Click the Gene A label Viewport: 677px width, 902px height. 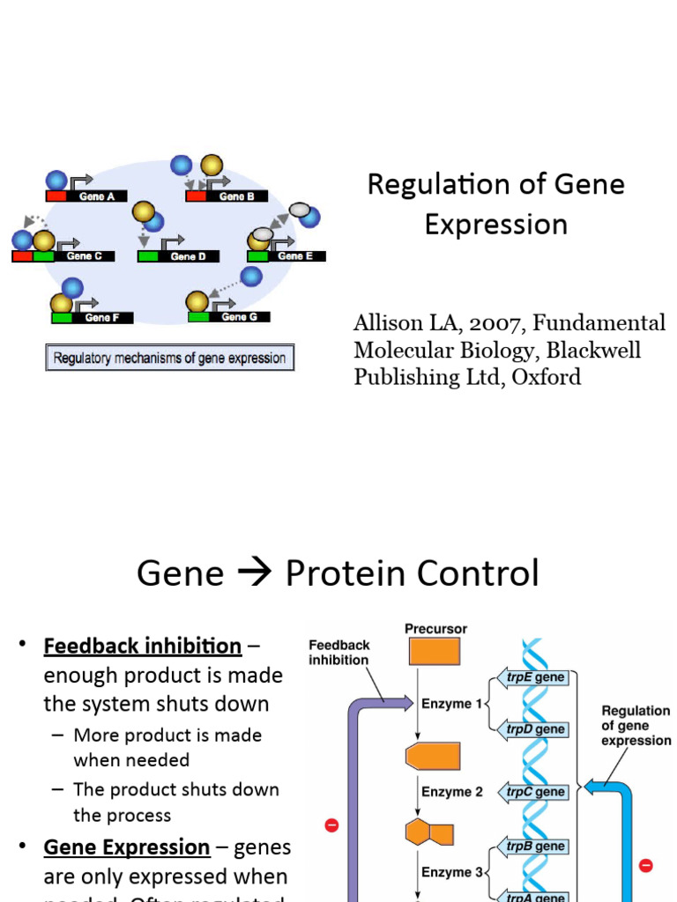97,196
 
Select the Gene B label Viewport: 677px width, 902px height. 236,196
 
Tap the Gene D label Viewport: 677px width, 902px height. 188,256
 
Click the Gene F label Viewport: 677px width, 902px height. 103,317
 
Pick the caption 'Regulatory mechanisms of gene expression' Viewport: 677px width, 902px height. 169,359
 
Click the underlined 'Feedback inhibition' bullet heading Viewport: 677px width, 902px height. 143,646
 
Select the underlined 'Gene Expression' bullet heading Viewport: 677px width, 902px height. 127,847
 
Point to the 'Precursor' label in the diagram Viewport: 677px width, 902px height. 435,629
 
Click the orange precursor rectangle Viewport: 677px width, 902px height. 434,651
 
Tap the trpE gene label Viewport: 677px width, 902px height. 535,677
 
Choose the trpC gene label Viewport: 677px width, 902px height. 535,791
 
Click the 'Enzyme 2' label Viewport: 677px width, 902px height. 451,792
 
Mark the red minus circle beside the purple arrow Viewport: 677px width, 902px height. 331,825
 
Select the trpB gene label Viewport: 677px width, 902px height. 535,846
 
